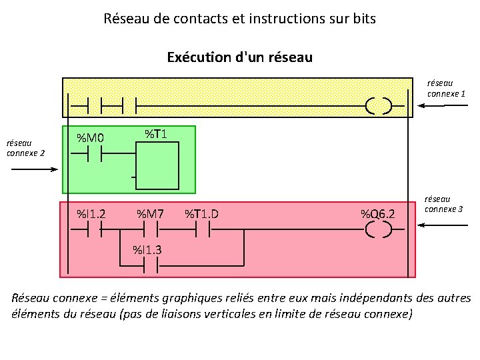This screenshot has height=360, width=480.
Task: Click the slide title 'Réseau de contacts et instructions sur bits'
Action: (x=240, y=19)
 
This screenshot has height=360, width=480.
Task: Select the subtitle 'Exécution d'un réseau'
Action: (x=240, y=57)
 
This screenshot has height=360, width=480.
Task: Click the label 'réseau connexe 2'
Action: (x=26, y=147)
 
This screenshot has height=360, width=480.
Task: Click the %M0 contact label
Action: (x=90, y=139)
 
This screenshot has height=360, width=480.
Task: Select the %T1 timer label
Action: (x=155, y=134)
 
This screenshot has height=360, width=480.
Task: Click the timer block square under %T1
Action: (x=158, y=168)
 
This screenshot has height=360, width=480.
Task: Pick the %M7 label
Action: (x=151, y=214)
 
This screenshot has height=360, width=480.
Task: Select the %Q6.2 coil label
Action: (x=378, y=214)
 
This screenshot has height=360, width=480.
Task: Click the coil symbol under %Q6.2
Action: (x=378, y=230)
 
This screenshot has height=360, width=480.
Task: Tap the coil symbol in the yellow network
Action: (x=378, y=105)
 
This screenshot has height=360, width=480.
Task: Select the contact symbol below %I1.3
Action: (x=151, y=265)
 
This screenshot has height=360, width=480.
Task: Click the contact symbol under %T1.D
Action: (x=202, y=230)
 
